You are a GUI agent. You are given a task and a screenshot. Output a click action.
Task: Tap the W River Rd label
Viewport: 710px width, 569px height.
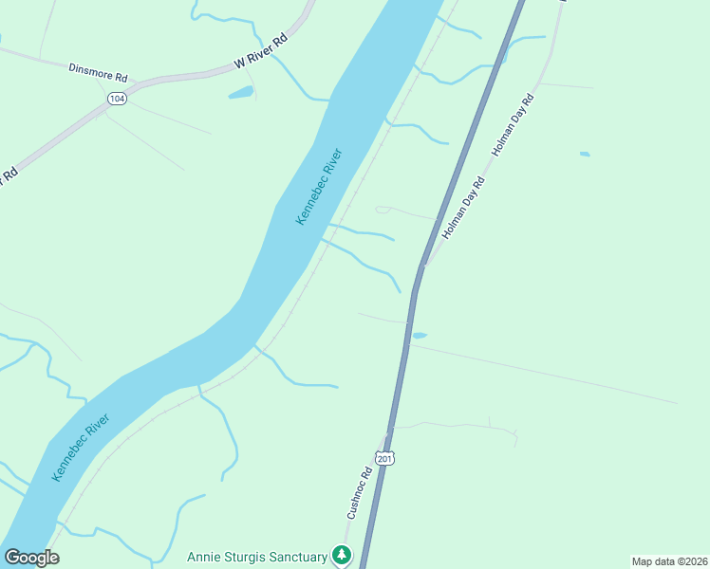point(260,53)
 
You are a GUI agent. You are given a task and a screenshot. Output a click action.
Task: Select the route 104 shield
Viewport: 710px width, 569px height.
point(117,99)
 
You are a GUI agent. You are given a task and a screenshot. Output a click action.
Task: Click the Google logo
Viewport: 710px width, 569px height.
point(31,558)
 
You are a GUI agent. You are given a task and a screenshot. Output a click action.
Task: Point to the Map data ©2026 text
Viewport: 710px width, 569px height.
point(669,561)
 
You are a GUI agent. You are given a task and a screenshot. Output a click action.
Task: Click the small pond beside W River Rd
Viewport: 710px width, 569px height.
point(240,93)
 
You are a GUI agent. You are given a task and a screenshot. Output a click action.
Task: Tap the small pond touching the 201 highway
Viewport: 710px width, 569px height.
point(419,335)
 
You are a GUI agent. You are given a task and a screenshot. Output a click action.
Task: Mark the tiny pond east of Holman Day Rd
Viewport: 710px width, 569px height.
point(585,154)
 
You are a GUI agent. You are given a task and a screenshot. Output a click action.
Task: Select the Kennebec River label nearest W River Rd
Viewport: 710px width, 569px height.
point(318,186)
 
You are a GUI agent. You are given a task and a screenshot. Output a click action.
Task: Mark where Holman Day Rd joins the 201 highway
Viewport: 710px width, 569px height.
point(423,265)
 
